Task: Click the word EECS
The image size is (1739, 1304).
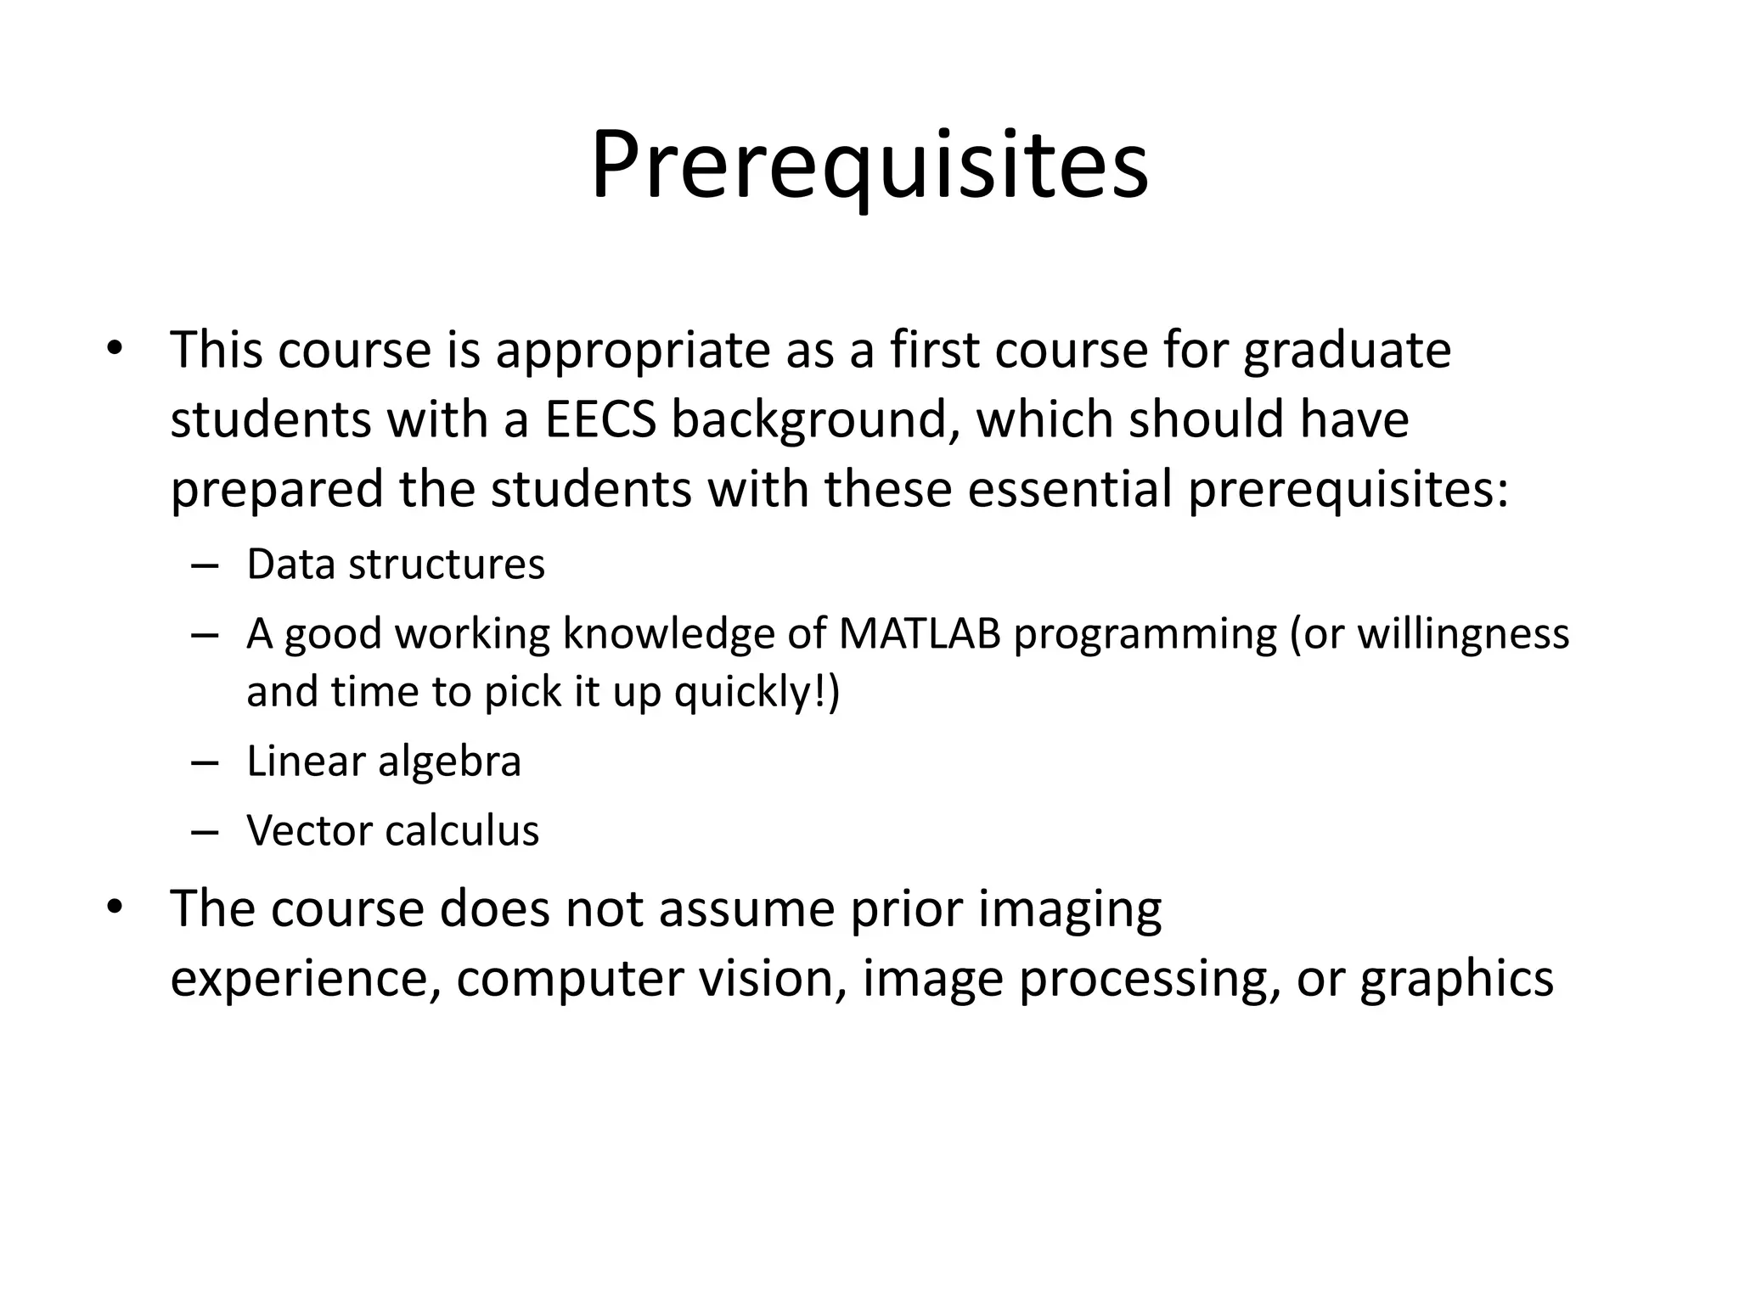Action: click(600, 419)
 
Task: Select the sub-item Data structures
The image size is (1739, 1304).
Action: click(395, 565)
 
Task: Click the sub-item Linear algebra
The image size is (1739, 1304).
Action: click(383, 761)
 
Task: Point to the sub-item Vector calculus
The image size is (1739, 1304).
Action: click(392, 830)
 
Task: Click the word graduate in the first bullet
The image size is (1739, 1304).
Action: click(1347, 351)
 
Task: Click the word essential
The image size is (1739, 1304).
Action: click(1069, 490)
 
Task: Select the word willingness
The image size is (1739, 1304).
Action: click(1463, 634)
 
